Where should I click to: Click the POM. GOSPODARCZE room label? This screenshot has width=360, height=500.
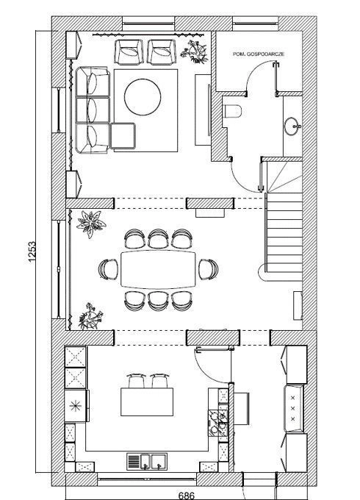point(259,54)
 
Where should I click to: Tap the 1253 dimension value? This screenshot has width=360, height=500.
point(32,252)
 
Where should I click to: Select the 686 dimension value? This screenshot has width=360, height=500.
point(187,496)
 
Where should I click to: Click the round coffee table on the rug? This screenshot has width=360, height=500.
point(143,97)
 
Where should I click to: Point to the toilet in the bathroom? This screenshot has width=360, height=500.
point(233,111)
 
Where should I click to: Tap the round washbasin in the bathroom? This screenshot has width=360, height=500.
point(292,126)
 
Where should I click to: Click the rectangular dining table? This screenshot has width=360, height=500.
point(159,270)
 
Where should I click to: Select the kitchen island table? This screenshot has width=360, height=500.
point(147,401)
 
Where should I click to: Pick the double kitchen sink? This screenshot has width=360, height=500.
point(147,462)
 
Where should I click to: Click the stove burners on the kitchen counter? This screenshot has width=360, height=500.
point(218,423)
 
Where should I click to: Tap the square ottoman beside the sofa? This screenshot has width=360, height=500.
point(123,136)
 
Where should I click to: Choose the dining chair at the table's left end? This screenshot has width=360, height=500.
point(108,269)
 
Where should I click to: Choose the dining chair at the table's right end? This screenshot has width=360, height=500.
point(209,269)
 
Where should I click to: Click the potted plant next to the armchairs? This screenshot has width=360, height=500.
point(195,51)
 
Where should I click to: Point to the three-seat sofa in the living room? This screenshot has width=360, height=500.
point(93,110)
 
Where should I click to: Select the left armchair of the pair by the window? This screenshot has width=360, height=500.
point(129,52)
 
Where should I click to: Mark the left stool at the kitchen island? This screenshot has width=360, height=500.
point(137,381)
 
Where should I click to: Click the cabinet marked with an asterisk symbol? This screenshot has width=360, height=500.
point(76,406)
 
